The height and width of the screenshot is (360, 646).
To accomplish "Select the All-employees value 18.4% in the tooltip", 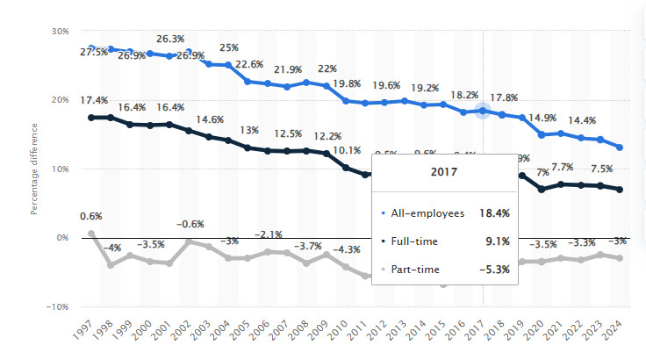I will point(493,212).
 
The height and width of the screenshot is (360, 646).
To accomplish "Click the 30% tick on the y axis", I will point(59,31).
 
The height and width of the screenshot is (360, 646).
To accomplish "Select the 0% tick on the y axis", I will point(61,237).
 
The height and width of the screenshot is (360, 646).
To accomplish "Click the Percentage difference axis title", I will point(35,169).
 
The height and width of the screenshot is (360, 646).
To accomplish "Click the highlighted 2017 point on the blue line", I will point(483,111).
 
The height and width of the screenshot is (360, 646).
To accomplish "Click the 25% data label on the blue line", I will point(230,47).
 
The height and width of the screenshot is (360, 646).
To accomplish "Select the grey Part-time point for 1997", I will point(92,234).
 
